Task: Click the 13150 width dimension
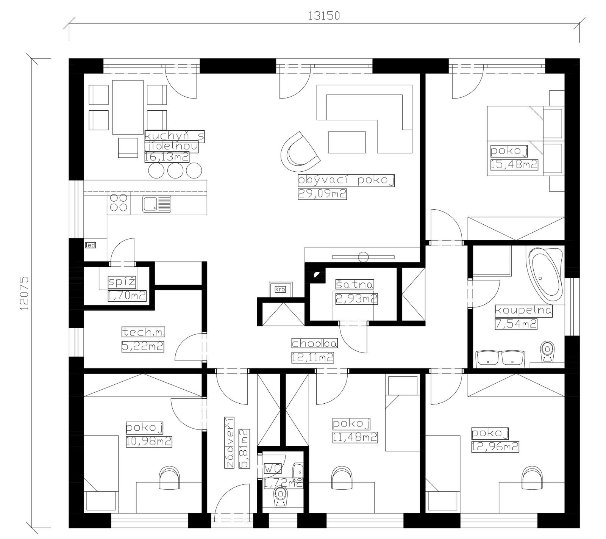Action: click(x=324, y=16)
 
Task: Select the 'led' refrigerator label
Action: click(x=91, y=245)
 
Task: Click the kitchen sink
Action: click(x=157, y=204)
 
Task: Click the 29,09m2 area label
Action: click(x=322, y=194)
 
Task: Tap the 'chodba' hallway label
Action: click(x=314, y=343)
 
